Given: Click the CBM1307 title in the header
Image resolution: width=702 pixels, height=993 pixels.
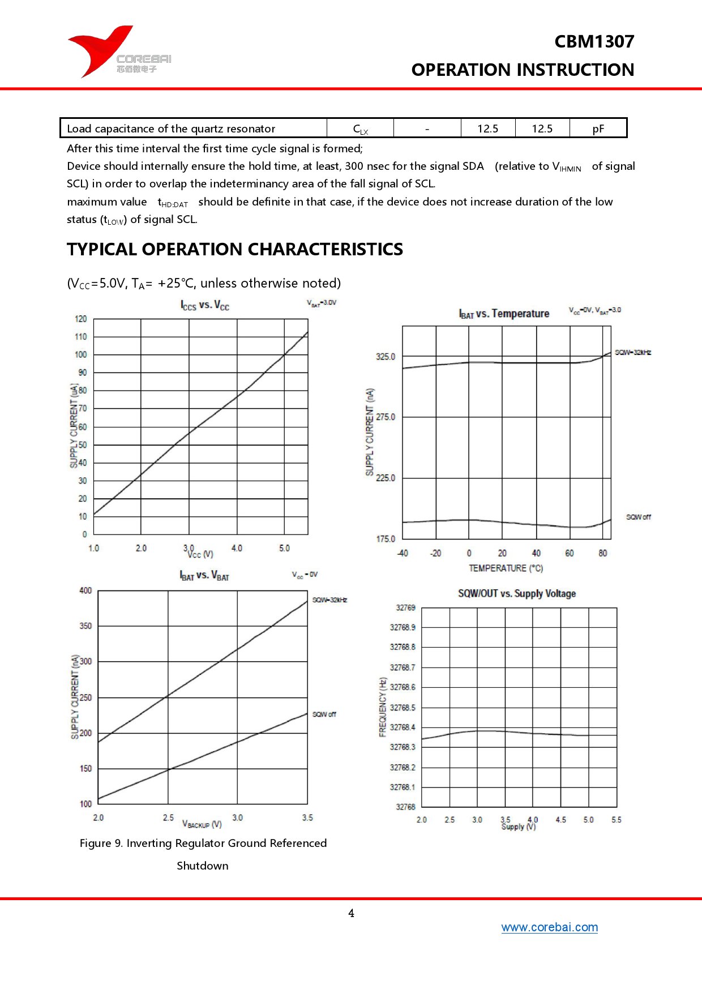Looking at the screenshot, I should [x=594, y=41].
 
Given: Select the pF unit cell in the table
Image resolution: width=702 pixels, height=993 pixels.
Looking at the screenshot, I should [x=598, y=129].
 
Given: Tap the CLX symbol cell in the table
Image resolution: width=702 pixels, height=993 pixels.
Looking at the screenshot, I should [x=360, y=129].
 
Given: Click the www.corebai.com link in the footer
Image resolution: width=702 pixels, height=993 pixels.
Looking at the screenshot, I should [x=549, y=927].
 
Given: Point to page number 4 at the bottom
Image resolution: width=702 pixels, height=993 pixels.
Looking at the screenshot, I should [x=351, y=913].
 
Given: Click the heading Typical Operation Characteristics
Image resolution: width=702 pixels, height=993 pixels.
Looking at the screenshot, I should [x=235, y=249].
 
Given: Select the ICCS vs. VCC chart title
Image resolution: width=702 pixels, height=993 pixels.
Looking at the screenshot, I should [x=205, y=305].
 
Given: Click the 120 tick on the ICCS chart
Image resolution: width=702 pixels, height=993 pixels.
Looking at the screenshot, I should [x=81, y=319].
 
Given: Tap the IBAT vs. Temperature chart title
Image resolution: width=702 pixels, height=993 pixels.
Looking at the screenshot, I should [x=504, y=314].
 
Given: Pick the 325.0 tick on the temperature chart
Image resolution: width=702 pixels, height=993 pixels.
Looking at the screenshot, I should [x=386, y=357].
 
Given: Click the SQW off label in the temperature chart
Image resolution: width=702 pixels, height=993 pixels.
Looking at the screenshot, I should [x=638, y=517].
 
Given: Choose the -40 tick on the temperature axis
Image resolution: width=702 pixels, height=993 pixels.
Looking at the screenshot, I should [x=403, y=553].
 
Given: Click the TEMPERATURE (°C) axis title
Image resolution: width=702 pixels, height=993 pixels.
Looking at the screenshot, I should [x=506, y=568].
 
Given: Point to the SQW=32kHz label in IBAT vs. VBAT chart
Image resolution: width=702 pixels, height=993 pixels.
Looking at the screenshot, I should [x=329, y=600].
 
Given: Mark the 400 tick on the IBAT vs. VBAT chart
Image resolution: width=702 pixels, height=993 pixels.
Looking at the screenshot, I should [x=85, y=590].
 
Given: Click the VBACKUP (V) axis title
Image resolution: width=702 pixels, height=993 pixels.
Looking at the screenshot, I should [x=202, y=824].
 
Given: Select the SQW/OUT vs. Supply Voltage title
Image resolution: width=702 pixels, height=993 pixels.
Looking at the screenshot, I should [x=517, y=593].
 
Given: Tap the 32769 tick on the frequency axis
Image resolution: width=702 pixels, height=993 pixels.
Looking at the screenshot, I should [x=405, y=607].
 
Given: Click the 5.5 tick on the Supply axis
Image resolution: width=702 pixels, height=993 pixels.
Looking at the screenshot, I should [x=617, y=820].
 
